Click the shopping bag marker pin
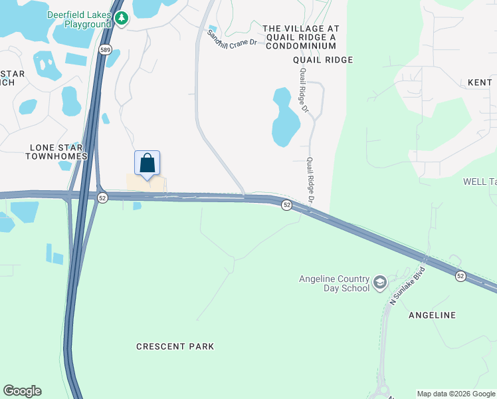click(x=148, y=163)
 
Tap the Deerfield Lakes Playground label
click(x=78, y=19)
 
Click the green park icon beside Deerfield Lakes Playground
click(x=121, y=19)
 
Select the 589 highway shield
click(x=105, y=49)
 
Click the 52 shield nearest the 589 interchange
click(x=102, y=198)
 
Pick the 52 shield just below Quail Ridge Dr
click(x=286, y=205)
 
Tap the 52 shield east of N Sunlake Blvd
click(x=460, y=275)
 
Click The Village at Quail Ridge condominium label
click(x=301, y=37)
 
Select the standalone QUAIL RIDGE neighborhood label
click(x=323, y=60)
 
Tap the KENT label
click(x=479, y=82)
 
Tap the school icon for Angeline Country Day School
click(x=380, y=283)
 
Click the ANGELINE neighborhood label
click(x=432, y=315)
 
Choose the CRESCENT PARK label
click(x=175, y=346)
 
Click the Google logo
click(x=22, y=391)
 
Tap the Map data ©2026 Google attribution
click(x=456, y=394)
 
